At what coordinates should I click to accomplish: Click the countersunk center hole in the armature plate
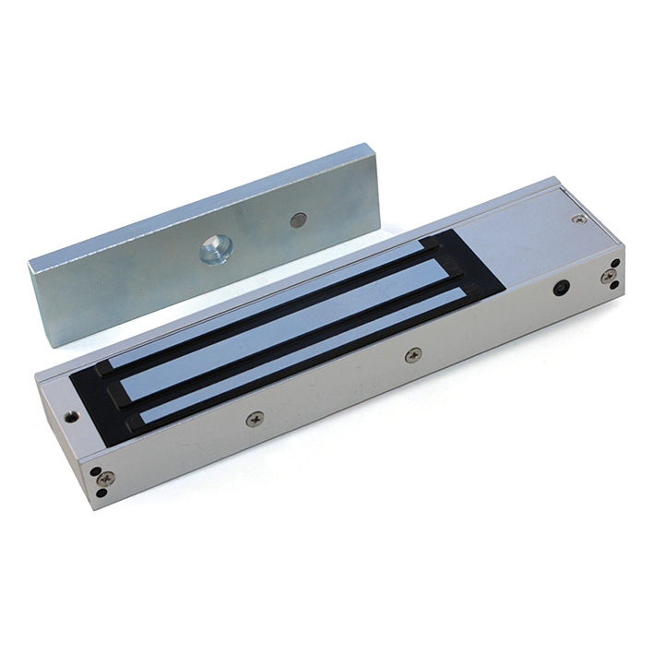pyautogui.click(x=215, y=248)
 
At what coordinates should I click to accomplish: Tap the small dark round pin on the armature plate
pyautogui.click(x=297, y=220)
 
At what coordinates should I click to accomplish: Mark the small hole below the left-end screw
pyautogui.click(x=102, y=493)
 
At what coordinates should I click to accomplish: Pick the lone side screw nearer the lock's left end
pyautogui.click(x=255, y=419)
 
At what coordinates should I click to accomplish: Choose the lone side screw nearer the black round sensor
pyautogui.click(x=413, y=354)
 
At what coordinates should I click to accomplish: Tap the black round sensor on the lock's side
pyautogui.click(x=560, y=288)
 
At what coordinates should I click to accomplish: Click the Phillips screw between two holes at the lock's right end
pyautogui.click(x=608, y=276)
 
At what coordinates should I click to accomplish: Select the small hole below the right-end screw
pyautogui.click(x=613, y=289)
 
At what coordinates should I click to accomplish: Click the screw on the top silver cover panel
pyautogui.click(x=578, y=220)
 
